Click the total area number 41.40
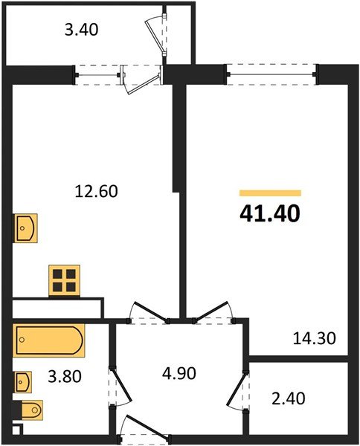pos(269,214)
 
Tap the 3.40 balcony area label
pos(82,31)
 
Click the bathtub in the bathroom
pos(48,340)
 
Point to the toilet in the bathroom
pos(30,410)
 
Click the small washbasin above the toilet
pos(24,382)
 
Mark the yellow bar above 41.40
pos(270,193)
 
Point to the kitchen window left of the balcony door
pos(98,74)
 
